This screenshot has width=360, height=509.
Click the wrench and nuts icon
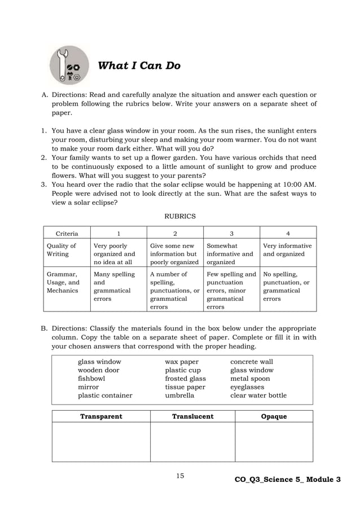[x=69, y=65]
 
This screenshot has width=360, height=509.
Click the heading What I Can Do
[x=139, y=66]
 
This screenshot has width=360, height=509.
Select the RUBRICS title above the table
[x=179, y=216]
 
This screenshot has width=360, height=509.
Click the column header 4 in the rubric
[x=288, y=233]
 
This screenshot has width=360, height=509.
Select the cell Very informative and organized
[x=287, y=250]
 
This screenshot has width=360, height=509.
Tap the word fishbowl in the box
[x=91, y=379]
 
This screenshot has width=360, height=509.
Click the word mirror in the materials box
[x=88, y=387]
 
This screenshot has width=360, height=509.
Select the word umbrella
[x=180, y=396]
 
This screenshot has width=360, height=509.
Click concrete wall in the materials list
[x=251, y=362]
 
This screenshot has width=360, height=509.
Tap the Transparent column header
[x=101, y=416]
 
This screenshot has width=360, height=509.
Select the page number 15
[x=180, y=476]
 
